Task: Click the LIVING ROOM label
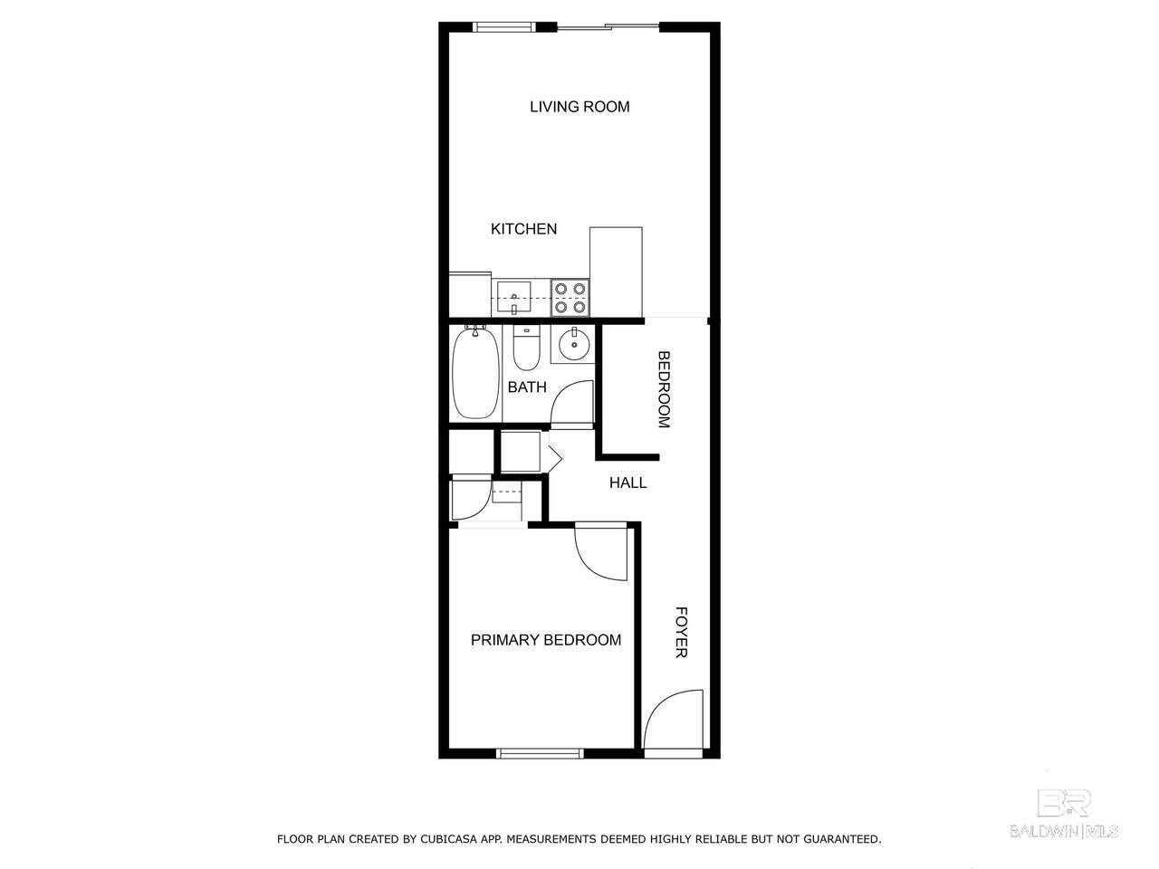tap(579, 107)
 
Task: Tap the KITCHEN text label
tap(523, 229)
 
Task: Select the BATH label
tap(526, 387)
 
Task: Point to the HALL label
tap(627, 482)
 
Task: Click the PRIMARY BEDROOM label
tap(545, 640)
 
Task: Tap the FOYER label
tap(681, 632)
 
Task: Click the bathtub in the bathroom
tap(475, 373)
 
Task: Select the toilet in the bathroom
tap(526, 349)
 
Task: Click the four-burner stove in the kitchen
tap(570, 298)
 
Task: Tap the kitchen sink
tap(513, 297)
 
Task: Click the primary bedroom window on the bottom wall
tap(540, 753)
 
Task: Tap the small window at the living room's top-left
tap(503, 27)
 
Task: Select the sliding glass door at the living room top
tap(608, 26)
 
